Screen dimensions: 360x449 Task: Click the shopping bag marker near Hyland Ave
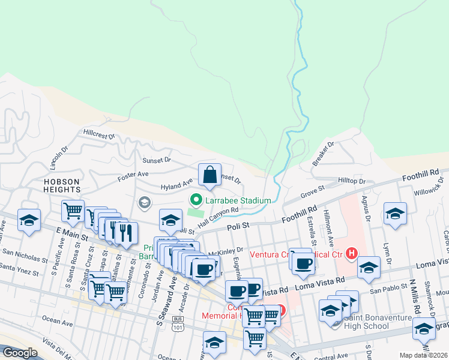click(209, 175)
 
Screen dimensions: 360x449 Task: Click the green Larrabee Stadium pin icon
click(195, 200)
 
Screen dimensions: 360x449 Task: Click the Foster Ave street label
click(133, 174)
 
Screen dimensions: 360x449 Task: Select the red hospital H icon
click(352, 254)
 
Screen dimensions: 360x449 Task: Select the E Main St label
click(72, 235)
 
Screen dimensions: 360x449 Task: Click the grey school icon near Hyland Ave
click(144, 203)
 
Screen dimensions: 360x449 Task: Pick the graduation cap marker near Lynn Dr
click(395, 214)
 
